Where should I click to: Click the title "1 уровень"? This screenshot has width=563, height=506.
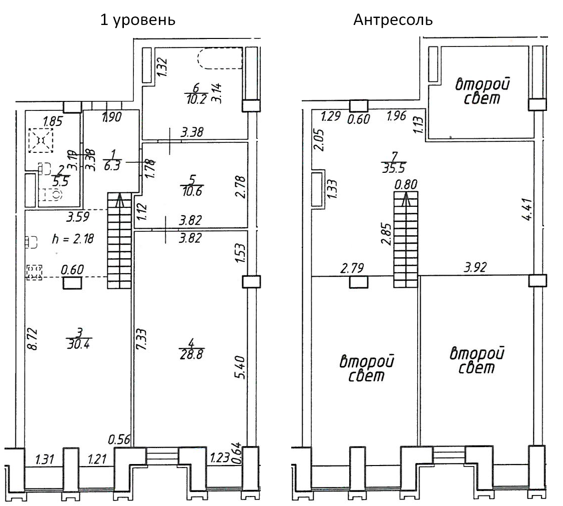point(138,20)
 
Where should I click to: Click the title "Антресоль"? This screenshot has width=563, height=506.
point(393,20)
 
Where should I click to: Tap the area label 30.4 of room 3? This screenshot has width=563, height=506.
point(78,344)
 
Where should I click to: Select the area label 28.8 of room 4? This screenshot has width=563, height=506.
point(192,352)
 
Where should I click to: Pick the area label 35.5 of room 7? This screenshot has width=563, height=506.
point(393,167)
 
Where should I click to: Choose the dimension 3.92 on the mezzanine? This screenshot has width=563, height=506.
point(475,268)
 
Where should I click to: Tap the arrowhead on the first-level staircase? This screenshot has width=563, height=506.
point(120,201)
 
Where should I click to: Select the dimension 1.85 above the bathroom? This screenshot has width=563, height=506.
point(53,121)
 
